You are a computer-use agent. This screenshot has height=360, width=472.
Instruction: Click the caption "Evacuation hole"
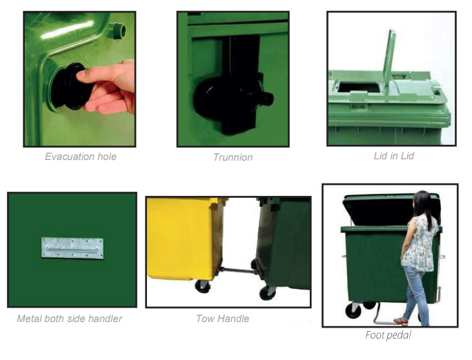(80, 157)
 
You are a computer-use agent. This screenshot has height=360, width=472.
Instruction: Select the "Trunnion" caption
(233, 157)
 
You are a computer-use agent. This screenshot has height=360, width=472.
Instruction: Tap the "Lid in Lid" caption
(394, 156)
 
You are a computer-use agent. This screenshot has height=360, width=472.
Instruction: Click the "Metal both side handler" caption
(70, 319)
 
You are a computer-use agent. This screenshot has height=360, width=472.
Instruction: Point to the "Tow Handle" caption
(222, 319)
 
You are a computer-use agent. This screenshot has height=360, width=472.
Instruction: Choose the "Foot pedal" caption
(388, 335)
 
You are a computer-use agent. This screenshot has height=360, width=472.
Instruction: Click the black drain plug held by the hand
(70, 86)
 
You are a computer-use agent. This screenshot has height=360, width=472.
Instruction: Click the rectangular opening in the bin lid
(359, 87)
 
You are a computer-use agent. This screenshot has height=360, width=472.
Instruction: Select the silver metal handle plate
(72, 248)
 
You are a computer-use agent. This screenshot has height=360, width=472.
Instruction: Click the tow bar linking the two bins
(238, 270)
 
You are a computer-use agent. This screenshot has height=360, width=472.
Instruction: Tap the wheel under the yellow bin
(203, 287)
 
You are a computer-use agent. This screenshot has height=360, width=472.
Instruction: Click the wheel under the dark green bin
(267, 292)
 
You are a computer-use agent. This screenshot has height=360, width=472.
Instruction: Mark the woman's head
(422, 203)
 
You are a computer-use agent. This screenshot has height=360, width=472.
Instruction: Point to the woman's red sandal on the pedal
(401, 322)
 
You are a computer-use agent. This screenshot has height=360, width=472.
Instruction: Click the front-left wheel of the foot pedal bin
(353, 310)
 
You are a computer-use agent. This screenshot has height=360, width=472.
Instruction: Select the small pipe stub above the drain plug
(119, 30)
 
